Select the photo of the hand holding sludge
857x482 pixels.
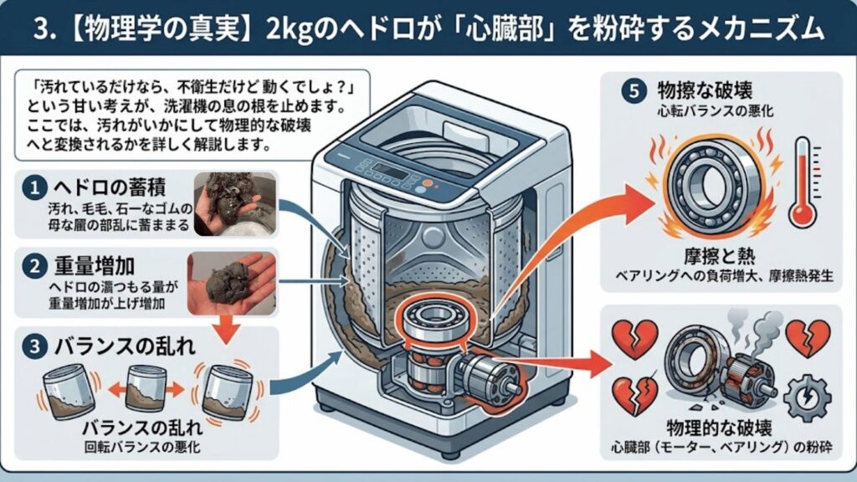tap(230, 284)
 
